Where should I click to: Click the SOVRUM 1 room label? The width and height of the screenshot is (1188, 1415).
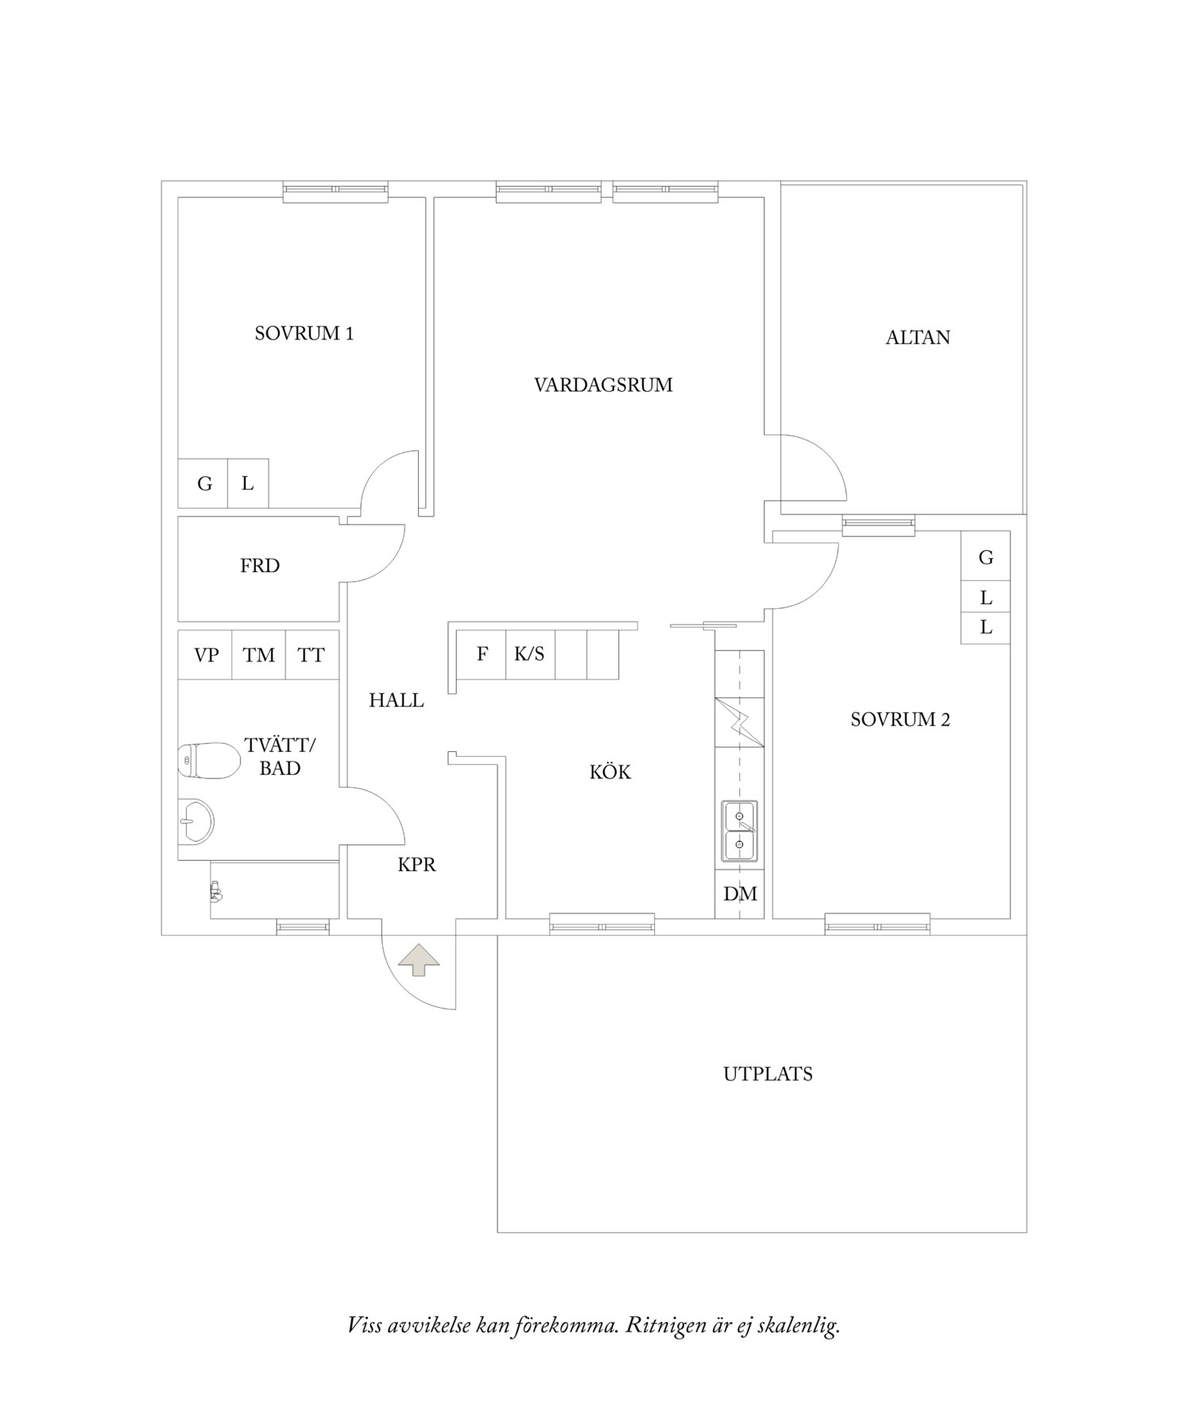click(304, 334)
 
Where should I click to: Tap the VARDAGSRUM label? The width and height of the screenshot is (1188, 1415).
click(603, 386)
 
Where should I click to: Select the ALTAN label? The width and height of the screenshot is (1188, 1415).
click(918, 338)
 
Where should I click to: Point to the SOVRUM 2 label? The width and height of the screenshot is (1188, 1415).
click(900, 720)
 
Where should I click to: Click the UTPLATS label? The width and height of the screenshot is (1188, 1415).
click(768, 1075)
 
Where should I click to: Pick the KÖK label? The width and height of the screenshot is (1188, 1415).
click(610, 772)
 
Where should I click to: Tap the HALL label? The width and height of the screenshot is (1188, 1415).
click(396, 701)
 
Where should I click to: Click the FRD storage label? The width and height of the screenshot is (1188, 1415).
click(260, 566)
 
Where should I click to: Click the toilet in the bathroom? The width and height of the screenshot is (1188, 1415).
click(208, 761)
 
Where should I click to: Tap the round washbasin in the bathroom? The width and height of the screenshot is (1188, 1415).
click(195, 820)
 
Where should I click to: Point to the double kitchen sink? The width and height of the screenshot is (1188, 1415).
click(739, 832)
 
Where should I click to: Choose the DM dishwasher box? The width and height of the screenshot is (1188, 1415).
click(740, 894)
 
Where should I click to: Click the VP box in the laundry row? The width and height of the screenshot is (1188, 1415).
click(206, 655)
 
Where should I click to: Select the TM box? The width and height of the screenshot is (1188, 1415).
click(259, 655)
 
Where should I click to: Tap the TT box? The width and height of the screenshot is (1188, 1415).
click(312, 655)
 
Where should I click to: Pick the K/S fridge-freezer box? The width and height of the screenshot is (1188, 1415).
click(530, 654)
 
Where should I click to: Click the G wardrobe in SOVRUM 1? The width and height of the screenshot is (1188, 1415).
click(203, 483)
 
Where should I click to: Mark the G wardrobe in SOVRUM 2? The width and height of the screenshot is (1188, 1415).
click(985, 557)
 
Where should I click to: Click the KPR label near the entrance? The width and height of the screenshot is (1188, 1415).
click(416, 865)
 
